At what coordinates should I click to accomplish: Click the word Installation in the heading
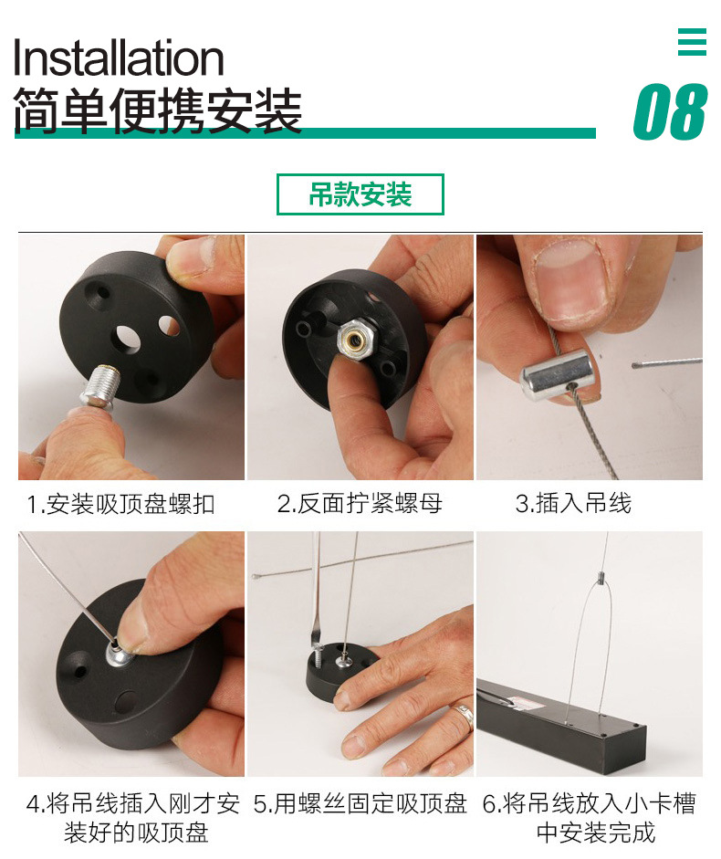point(119,58)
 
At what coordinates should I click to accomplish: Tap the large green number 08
point(669,112)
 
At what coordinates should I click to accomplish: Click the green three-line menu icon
point(692,42)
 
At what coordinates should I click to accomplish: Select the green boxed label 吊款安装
point(360,194)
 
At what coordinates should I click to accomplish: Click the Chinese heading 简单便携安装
point(157,111)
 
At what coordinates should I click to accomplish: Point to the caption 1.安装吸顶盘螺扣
point(121,504)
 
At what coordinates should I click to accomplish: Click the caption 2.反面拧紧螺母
point(360,504)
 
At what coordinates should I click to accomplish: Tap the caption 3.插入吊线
point(573,504)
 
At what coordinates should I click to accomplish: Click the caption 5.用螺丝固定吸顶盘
point(360,803)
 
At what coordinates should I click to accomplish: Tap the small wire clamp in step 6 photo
point(601,576)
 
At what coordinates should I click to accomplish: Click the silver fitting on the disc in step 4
point(117,655)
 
